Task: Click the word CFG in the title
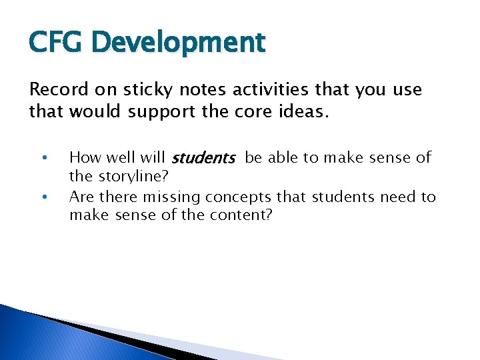click(x=57, y=42)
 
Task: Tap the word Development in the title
click(x=179, y=43)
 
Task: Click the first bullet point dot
click(x=43, y=159)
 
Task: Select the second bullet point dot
click(x=43, y=197)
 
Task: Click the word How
click(x=84, y=158)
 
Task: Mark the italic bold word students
click(x=203, y=159)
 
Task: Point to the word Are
click(x=81, y=197)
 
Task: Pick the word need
click(x=400, y=197)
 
